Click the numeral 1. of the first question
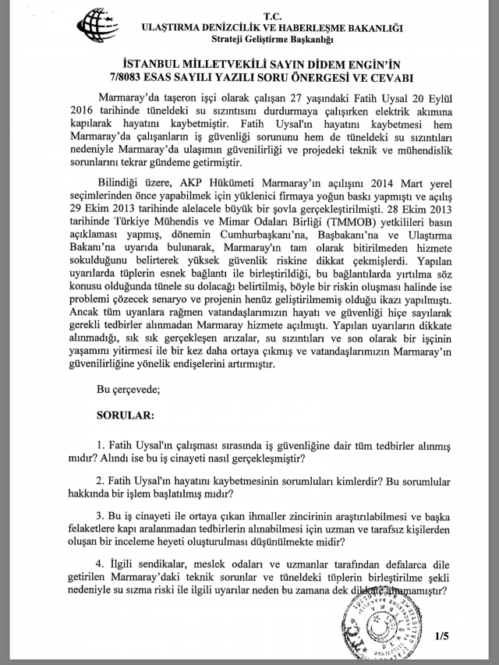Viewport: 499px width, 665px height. coord(100,443)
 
